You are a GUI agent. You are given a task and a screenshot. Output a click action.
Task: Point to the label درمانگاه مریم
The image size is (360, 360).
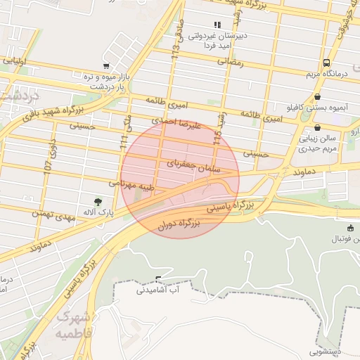[x=327, y=73]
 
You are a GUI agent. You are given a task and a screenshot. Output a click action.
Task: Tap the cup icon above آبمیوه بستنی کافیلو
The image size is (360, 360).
[x=318, y=97]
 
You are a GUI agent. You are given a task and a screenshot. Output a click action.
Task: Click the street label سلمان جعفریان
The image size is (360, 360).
[x=194, y=167]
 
